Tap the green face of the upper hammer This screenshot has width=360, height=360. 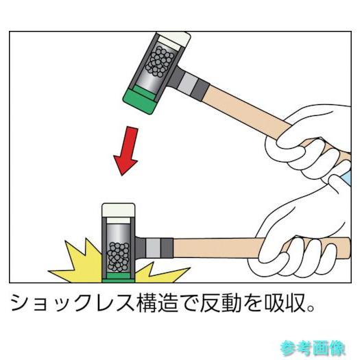coord(139,101)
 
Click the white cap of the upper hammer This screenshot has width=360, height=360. coord(174,40)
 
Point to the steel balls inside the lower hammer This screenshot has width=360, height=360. coord(118,256)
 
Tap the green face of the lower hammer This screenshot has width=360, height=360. coord(119,278)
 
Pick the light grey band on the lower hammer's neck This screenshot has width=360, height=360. coord(153,248)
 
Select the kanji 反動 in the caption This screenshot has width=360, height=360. coord(221,302)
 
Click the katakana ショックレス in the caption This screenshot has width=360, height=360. coord(72,302)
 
